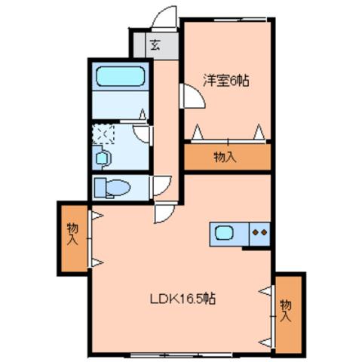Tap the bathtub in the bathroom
(x=120, y=77)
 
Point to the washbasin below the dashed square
(x=103, y=158)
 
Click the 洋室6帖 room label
(x=225, y=79)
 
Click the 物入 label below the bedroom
(x=225, y=158)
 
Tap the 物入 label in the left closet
(x=72, y=235)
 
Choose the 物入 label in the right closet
(x=286, y=311)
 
